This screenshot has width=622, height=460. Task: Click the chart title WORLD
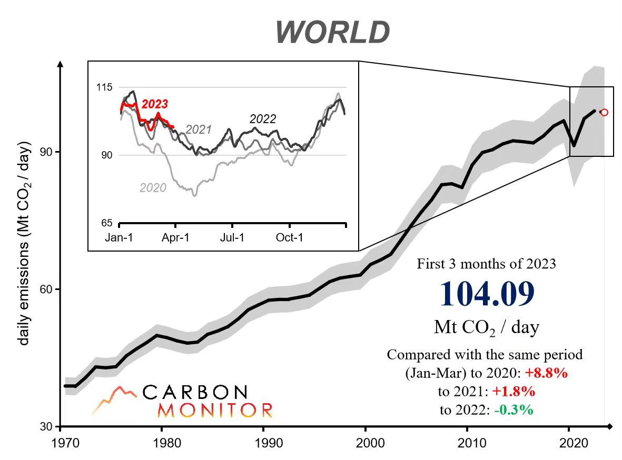(x=332, y=33)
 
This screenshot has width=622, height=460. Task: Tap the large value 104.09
(x=486, y=294)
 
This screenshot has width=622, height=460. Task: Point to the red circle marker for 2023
(x=604, y=112)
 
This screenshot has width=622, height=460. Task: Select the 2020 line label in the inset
(x=153, y=187)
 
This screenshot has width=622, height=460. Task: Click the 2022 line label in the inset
(x=262, y=119)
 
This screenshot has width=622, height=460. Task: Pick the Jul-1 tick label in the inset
(x=232, y=237)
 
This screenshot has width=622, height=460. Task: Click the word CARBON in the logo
(x=194, y=392)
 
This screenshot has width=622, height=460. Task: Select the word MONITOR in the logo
(x=215, y=410)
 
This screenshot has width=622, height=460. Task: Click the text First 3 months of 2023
(x=486, y=264)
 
